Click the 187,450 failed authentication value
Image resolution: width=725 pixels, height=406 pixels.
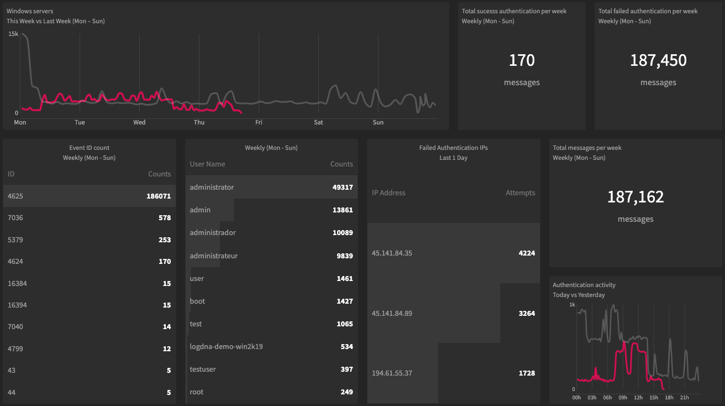[658, 60]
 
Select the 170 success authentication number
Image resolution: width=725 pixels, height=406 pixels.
[522, 60]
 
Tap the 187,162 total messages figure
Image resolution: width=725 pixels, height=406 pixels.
[635, 197]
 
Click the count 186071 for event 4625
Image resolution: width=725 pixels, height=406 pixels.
[159, 196]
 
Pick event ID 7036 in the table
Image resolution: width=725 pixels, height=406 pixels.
[15, 218]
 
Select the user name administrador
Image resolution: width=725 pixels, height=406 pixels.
[213, 233]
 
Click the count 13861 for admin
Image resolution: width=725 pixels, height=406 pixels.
[342, 210]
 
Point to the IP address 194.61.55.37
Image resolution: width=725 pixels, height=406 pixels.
[392, 373]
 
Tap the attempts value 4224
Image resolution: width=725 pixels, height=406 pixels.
[527, 253]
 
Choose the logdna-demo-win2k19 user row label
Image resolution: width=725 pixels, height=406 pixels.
[226, 347]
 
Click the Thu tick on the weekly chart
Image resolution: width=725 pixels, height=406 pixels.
[199, 122]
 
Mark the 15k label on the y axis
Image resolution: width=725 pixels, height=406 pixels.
[13, 34]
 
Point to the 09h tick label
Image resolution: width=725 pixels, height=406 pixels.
[623, 398]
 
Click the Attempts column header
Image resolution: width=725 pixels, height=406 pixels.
[520, 193]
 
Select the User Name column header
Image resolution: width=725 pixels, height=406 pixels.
[207, 164]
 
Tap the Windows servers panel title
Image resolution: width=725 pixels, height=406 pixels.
[30, 11]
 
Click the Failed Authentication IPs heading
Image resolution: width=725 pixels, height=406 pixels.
[453, 148]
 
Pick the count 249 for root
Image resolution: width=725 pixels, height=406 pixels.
[346, 392]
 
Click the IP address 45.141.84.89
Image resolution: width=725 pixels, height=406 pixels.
[392, 314]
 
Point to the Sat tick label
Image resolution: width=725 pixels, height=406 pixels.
[318, 122]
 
